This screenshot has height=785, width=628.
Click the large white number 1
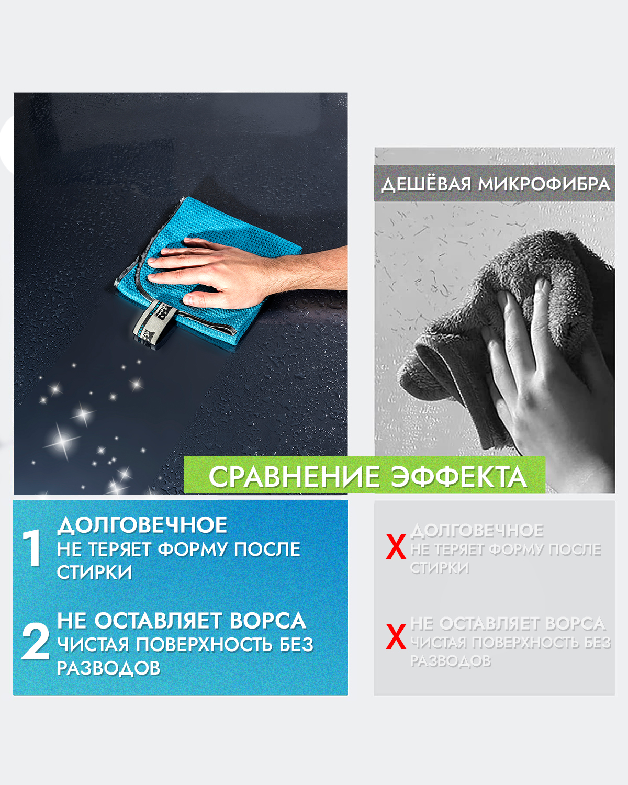[32, 547]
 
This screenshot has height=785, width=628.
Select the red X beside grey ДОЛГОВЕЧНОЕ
[396, 547]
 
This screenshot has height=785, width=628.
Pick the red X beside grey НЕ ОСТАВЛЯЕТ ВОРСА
[396, 636]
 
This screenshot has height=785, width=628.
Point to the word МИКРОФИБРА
[544, 184]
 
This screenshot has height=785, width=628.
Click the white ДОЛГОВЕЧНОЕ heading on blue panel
[142, 525]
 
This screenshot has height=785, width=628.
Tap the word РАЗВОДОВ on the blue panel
[109, 668]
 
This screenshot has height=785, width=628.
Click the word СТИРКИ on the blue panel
[95, 572]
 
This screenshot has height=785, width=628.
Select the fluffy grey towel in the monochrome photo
[503, 328]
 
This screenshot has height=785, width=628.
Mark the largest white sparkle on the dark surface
[62, 442]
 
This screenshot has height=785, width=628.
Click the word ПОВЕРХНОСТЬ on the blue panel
[204, 645]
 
